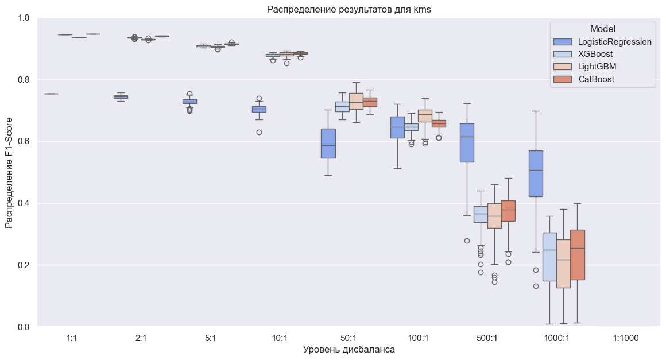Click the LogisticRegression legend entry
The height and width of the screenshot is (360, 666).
615,41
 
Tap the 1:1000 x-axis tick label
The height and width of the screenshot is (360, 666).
626,339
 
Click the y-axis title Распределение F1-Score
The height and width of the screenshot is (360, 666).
10,172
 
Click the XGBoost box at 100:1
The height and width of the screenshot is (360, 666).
412,127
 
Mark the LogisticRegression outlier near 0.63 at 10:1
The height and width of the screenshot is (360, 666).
259,132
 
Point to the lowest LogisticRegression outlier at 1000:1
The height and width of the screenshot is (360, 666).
536,286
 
